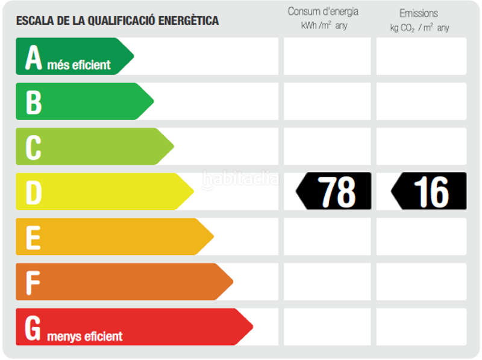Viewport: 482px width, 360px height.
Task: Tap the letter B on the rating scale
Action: click(x=34, y=102)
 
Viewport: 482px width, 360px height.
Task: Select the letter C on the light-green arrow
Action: click(x=33, y=147)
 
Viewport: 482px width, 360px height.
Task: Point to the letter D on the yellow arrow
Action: click(x=34, y=192)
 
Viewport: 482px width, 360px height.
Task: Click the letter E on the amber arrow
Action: click(x=33, y=237)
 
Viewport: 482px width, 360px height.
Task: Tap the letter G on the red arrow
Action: click(x=33, y=327)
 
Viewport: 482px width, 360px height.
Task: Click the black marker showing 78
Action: click(x=334, y=191)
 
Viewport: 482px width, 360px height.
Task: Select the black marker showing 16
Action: click(x=429, y=191)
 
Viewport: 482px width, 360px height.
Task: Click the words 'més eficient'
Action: click(x=79, y=65)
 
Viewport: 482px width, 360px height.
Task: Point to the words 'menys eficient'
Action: click(x=84, y=336)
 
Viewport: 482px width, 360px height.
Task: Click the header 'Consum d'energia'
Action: click(x=323, y=11)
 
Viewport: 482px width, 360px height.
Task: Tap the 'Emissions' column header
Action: click(x=419, y=13)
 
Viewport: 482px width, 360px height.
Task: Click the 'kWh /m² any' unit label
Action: click(x=324, y=26)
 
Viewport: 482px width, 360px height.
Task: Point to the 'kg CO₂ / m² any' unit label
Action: click(x=419, y=28)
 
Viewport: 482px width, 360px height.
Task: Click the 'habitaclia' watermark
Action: click(x=241, y=178)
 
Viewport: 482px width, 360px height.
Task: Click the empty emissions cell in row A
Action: click(x=421, y=56)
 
